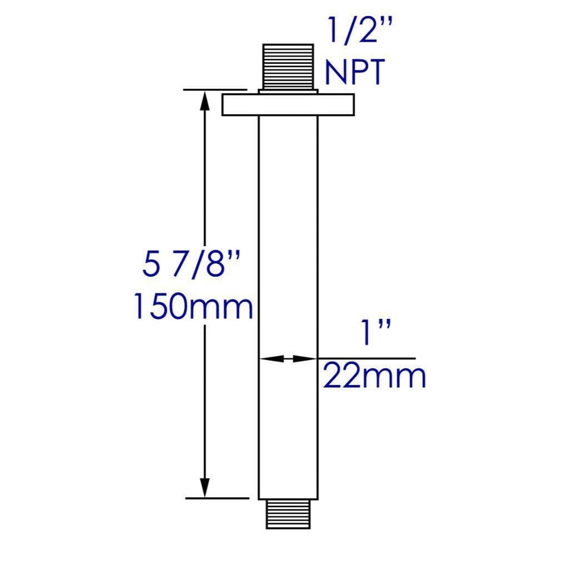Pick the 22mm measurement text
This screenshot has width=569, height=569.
pos(374,377)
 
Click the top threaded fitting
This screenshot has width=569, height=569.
pos(288,66)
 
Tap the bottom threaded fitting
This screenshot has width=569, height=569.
pos(288,514)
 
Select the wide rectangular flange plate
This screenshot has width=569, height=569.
pos(288,105)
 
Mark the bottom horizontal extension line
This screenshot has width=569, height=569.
pos(217,498)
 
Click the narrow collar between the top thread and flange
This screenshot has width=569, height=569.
pos(288,92)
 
